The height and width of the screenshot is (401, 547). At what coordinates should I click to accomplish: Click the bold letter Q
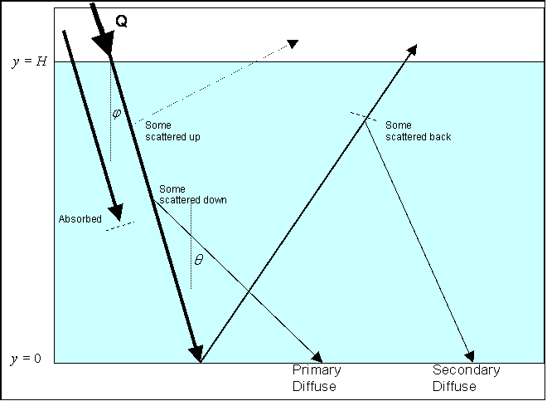[x=121, y=22]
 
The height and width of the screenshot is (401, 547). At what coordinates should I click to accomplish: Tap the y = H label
[x=29, y=62]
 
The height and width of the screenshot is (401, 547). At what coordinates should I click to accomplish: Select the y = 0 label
[x=26, y=359]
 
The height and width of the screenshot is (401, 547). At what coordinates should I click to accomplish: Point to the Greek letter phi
[x=117, y=114]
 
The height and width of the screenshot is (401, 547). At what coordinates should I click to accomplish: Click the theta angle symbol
[x=199, y=259]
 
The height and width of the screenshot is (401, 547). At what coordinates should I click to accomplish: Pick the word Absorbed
[x=80, y=219]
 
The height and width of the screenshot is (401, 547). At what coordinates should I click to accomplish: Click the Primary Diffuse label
[x=317, y=378]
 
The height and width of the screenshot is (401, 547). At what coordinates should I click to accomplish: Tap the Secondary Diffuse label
[x=466, y=378]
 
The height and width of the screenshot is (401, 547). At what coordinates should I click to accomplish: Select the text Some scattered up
[x=172, y=130]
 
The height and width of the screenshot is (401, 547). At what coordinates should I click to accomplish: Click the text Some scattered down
[x=193, y=194]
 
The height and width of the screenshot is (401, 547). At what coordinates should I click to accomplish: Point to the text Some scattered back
[x=419, y=130]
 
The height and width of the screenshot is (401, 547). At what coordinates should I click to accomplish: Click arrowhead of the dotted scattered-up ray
[x=293, y=44]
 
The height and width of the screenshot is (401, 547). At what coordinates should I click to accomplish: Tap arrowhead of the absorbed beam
[x=116, y=213]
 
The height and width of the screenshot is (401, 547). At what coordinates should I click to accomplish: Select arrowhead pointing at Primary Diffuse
[x=317, y=357]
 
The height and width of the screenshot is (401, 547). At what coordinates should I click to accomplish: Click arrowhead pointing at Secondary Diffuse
[x=470, y=356]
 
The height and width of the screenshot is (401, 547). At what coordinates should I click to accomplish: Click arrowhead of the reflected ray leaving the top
[x=412, y=49]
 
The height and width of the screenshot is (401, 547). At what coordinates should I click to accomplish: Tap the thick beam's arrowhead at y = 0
[x=196, y=353]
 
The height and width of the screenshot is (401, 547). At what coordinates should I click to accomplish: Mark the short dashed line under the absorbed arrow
[x=120, y=226]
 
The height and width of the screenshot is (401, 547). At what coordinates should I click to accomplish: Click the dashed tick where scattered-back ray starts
[x=364, y=116]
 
